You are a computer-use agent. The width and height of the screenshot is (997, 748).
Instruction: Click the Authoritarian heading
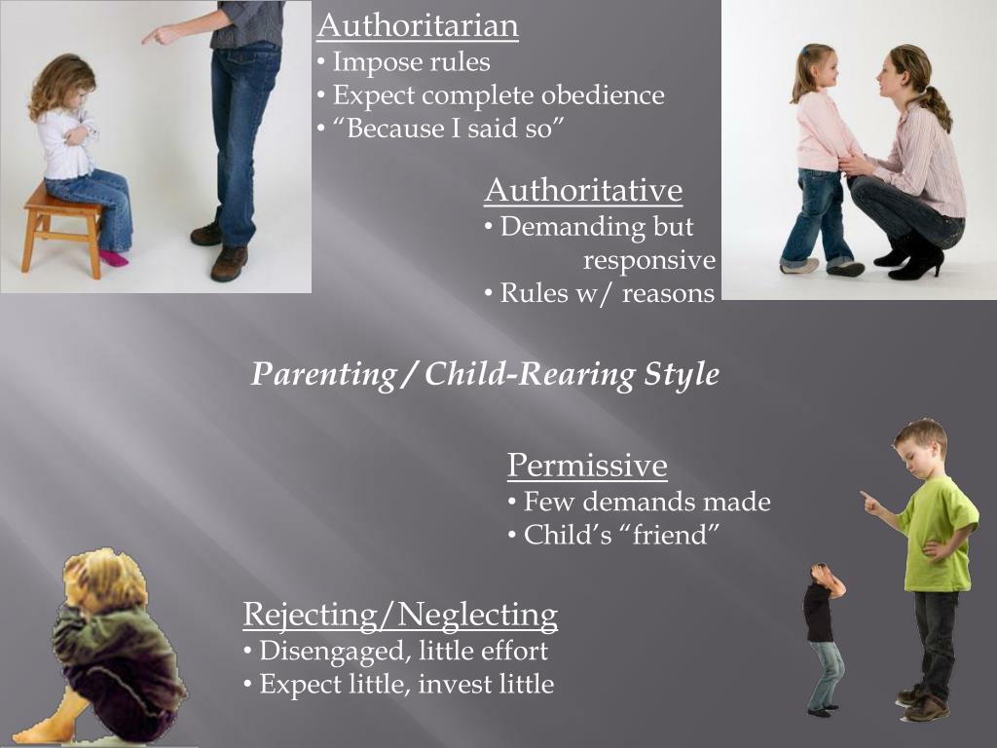coord(417,25)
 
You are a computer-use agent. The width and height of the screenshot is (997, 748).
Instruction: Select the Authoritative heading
coord(583,190)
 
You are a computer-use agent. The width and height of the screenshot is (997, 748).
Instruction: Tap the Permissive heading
coord(587,466)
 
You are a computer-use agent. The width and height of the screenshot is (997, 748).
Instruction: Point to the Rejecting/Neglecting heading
coord(400,615)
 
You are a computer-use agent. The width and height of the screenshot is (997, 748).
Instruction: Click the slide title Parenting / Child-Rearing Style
coord(485,374)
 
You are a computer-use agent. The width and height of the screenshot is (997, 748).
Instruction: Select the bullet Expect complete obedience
coord(497,95)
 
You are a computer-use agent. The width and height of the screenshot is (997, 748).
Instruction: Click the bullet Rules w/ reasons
coord(605,293)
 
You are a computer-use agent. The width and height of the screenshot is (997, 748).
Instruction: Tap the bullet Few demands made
coord(645,503)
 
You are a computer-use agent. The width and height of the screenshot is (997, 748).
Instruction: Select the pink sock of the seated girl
coord(114,258)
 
